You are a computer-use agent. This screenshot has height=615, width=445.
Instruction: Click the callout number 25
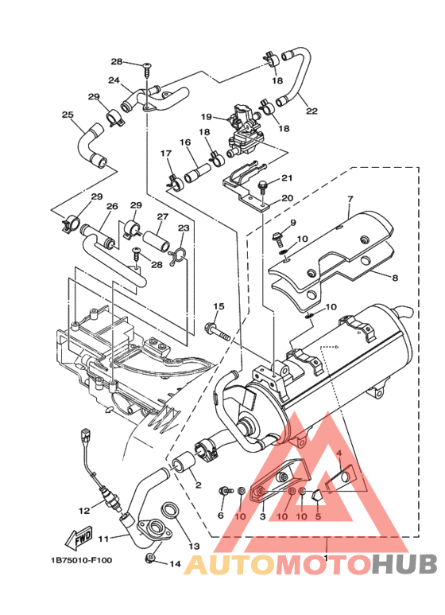[x=68, y=115]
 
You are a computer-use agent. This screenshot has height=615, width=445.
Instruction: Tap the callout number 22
[x=311, y=111]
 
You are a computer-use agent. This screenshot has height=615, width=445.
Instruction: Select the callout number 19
[x=207, y=117]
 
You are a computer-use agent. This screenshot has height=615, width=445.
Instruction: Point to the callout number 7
[x=350, y=199]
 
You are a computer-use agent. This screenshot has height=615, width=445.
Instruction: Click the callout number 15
[x=219, y=306]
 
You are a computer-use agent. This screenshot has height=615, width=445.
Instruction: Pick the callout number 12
[x=84, y=511]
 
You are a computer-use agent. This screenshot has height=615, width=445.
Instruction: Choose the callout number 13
[x=194, y=546]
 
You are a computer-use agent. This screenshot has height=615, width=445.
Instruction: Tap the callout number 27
[x=163, y=216]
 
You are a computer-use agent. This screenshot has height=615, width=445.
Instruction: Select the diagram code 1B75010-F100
[x=81, y=560]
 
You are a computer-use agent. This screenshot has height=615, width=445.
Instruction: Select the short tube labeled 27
[x=157, y=241]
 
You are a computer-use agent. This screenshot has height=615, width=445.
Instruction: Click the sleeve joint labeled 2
[x=184, y=462]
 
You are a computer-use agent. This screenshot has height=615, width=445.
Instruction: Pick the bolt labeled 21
[x=262, y=186]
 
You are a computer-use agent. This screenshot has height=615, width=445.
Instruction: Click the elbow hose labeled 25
[x=91, y=145]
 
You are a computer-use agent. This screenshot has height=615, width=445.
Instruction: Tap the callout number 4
[x=339, y=453]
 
